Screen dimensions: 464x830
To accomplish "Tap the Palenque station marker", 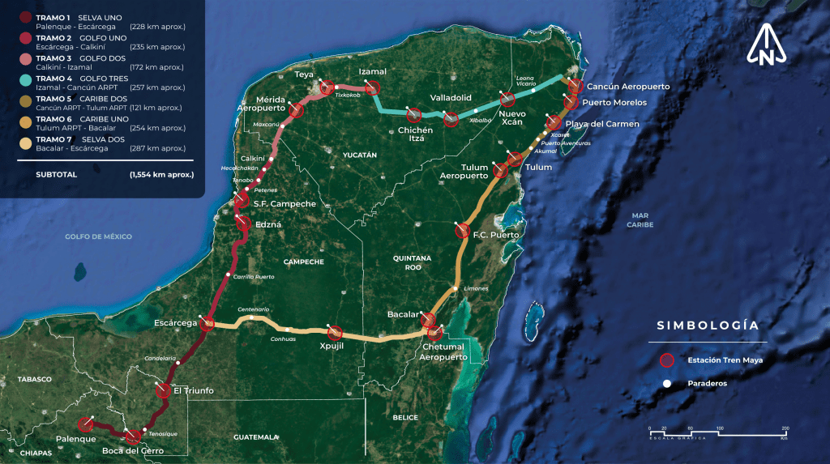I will [85, 424].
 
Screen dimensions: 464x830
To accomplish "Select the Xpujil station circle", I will [334, 332].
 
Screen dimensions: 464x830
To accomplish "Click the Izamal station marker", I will [373, 87].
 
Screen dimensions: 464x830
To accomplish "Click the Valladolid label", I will [451, 97].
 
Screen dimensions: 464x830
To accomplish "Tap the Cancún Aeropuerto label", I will [629, 86].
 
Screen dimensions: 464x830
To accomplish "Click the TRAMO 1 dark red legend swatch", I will [27, 17].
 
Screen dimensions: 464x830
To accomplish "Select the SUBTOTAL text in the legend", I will [56, 174].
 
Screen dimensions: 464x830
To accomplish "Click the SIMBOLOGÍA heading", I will [708, 326].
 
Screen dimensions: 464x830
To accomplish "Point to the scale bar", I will [718, 432].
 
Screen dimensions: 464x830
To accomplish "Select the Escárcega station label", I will [176, 323].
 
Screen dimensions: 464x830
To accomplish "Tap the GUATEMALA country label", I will [256, 436].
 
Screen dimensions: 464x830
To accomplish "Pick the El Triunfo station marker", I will [163, 390].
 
